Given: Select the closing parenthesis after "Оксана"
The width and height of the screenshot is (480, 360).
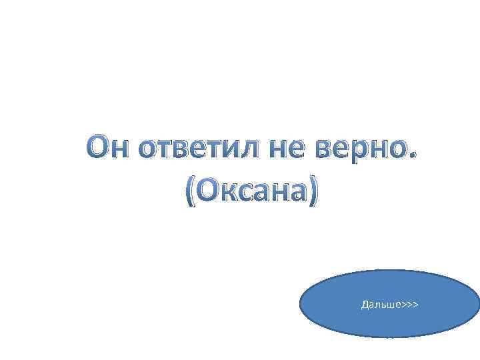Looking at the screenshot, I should point(315,192).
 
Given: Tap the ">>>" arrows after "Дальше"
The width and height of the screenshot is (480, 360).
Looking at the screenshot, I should point(409,305).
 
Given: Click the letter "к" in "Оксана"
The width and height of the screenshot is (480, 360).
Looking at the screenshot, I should point(229,193).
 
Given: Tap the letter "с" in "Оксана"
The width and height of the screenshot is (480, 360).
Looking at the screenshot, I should point(247,193).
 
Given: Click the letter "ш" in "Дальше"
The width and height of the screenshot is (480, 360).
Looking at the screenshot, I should point(388,305).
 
